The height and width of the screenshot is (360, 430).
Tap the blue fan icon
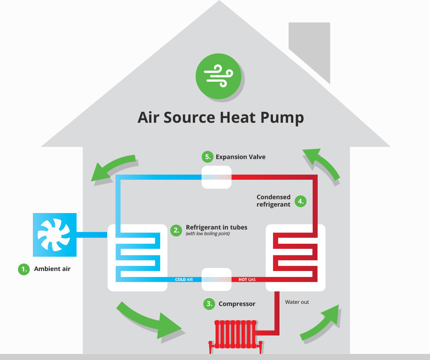pyautogui.click(x=55, y=235)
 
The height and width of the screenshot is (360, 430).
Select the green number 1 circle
pyautogui.click(x=23, y=269)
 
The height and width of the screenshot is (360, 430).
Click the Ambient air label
pyautogui.click(x=52, y=269)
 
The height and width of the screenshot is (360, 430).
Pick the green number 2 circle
pyautogui.click(x=176, y=230)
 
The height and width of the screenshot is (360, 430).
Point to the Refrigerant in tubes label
pyautogui.click(x=216, y=227)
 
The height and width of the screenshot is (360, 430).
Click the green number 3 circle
pyautogui.click(x=209, y=304)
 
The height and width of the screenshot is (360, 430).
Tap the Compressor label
pyautogui.click(x=237, y=304)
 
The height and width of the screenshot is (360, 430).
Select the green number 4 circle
pyautogui.click(x=301, y=201)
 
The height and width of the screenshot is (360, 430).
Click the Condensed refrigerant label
pyautogui.click(x=273, y=201)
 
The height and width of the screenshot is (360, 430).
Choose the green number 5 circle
pyautogui.click(x=207, y=156)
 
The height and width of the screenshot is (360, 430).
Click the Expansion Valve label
pyautogui.click(x=241, y=157)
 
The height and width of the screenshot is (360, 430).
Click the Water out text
pyautogui.click(x=297, y=302)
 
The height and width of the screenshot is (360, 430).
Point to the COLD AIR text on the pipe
pyautogui.click(x=186, y=280)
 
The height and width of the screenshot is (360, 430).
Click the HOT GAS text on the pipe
pyautogui.click(x=247, y=280)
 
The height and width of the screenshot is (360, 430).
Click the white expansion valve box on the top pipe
pyautogui.click(x=217, y=177)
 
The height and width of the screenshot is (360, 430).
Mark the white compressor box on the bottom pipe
pyautogui.click(x=216, y=280)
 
